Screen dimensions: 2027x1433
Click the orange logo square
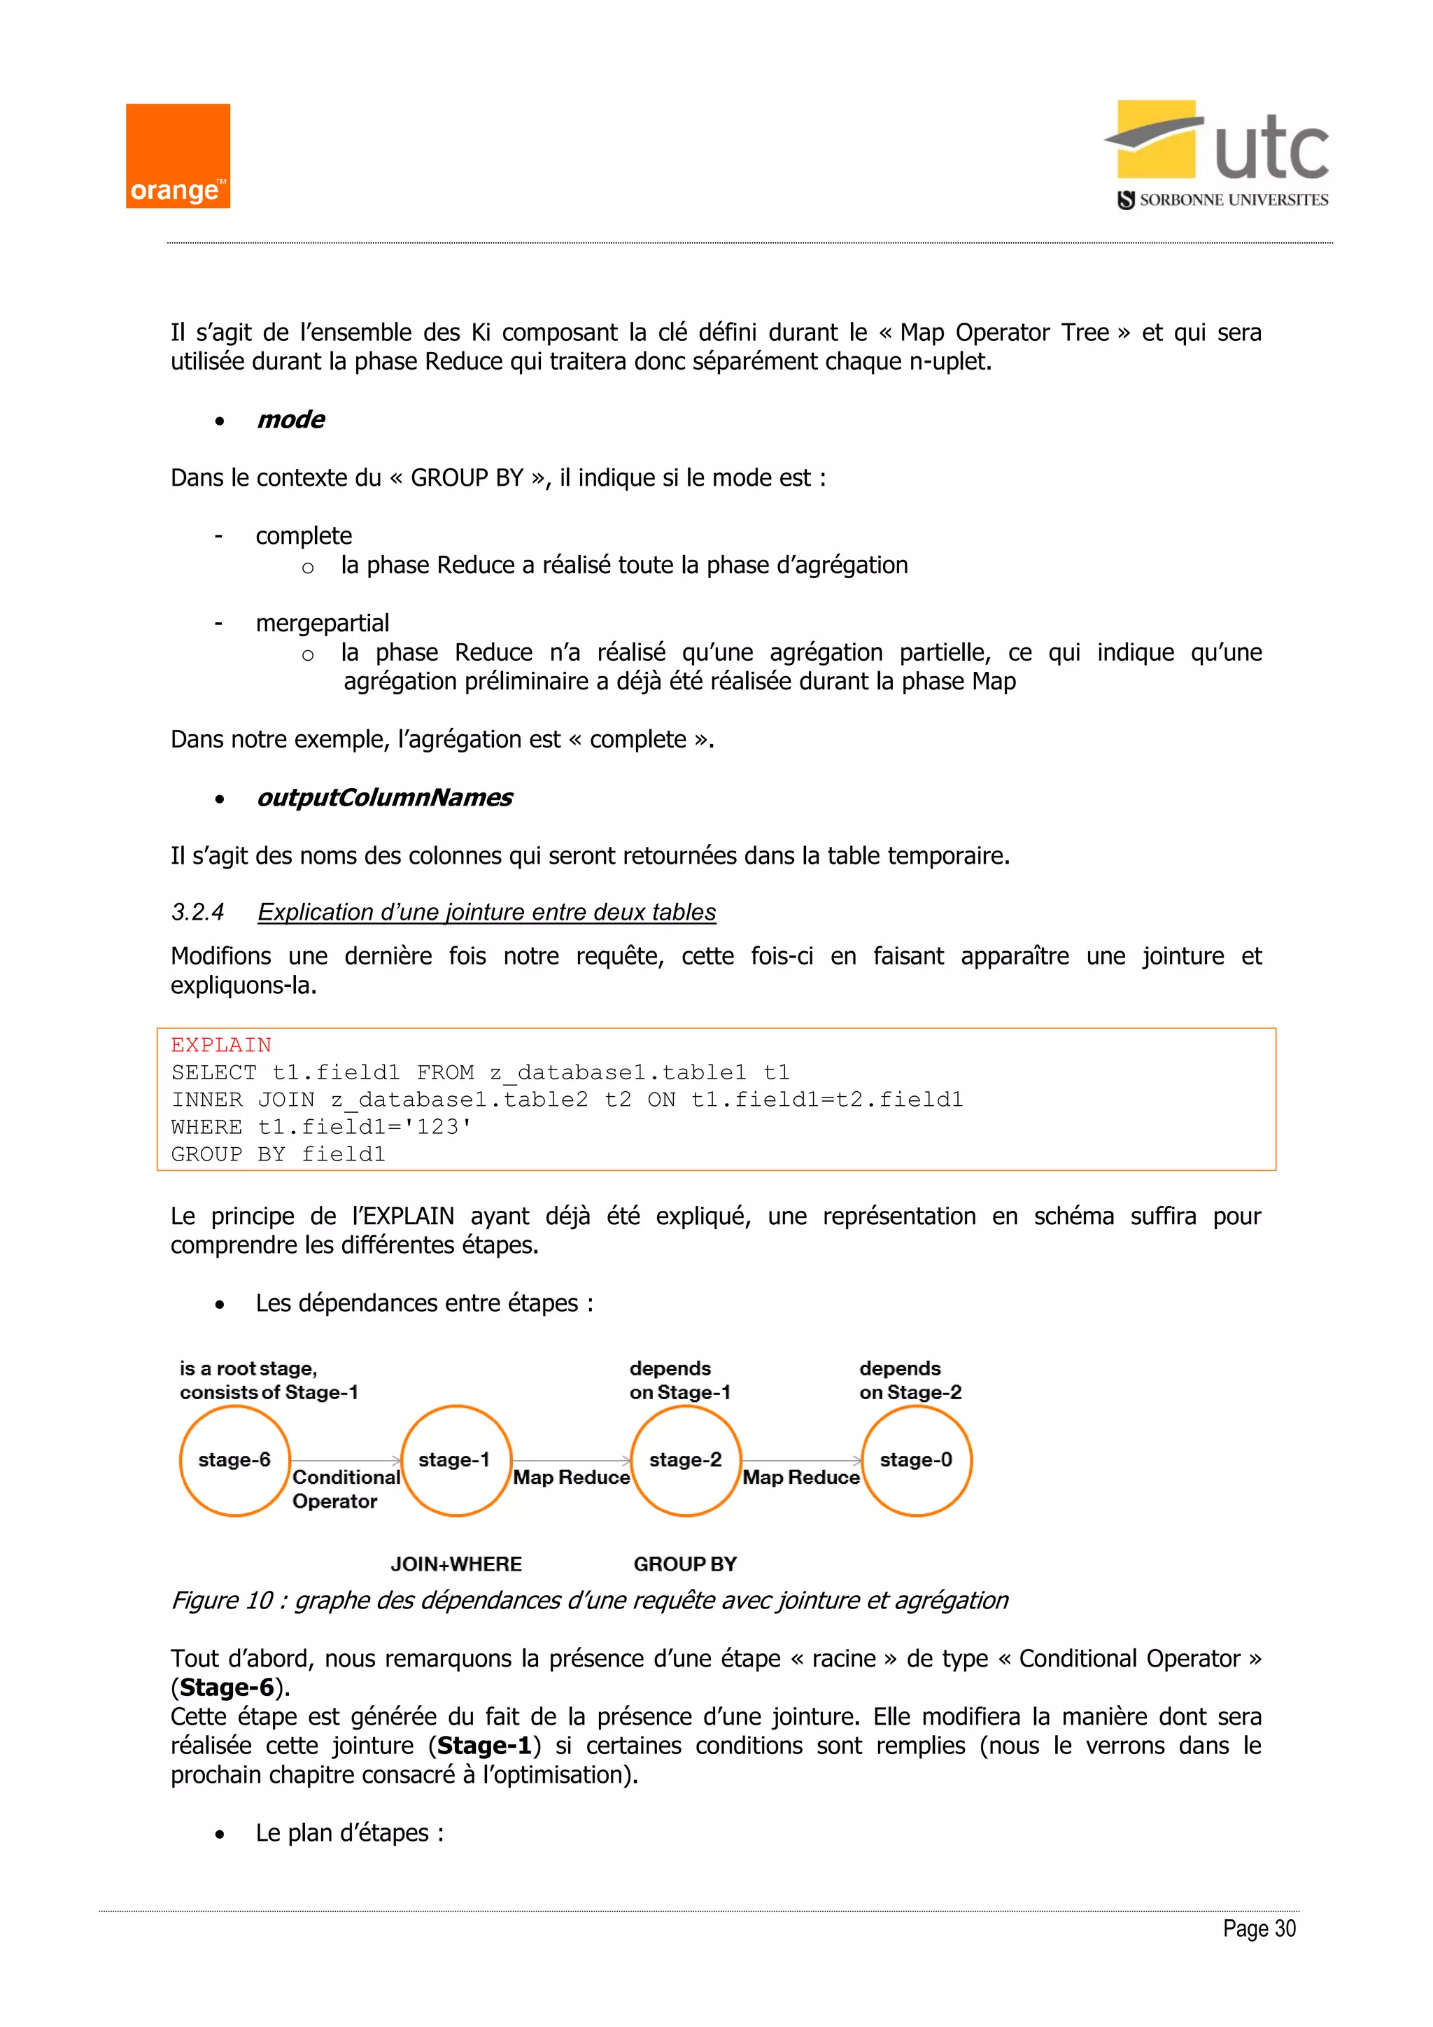(x=177, y=156)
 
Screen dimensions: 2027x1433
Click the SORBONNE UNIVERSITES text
(x=1233, y=200)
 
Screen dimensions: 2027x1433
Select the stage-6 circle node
(x=234, y=1460)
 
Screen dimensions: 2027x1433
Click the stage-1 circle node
(x=456, y=1460)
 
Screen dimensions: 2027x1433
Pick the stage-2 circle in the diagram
(x=686, y=1460)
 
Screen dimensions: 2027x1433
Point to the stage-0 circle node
(x=916, y=1460)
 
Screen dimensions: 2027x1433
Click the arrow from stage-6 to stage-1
(x=346, y=1461)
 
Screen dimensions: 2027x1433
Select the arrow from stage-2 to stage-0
(x=801, y=1461)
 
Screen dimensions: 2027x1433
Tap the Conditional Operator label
(x=345, y=1489)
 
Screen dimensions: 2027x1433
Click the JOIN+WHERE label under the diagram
(x=456, y=1564)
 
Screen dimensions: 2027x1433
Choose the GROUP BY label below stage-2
(x=685, y=1564)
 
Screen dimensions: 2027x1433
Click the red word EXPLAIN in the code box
(x=220, y=1045)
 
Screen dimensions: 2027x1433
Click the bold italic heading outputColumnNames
(x=384, y=797)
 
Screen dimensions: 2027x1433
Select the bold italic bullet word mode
(x=290, y=419)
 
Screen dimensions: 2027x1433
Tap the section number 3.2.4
(x=197, y=912)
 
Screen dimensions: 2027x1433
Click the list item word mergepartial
(x=322, y=623)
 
